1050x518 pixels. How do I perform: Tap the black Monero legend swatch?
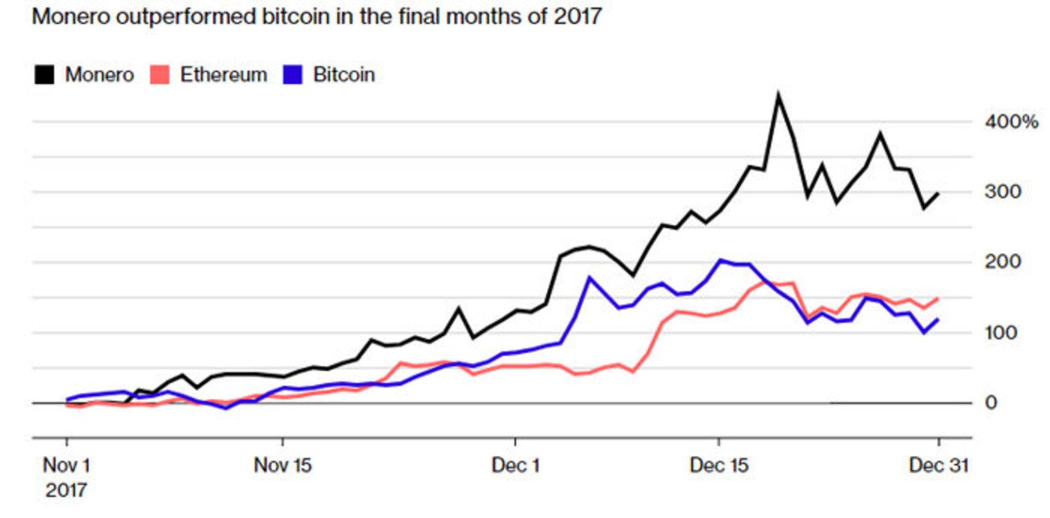pyautogui.click(x=44, y=74)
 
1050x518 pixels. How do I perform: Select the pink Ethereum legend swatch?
pyautogui.click(x=160, y=74)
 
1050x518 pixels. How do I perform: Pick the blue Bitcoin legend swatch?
pyautogui.click(x=293, y=74)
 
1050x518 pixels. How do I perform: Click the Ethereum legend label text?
pyautogui.click(x=224, y=74)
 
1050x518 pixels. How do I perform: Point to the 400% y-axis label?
pyautogui.click(x=1011, y=122)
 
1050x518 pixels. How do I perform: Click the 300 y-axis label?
pyautogui.click(x=1002, y=192)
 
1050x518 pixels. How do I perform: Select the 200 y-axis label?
pyautogui.click(x=1002, y=262)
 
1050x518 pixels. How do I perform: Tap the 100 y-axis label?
pyautogui.click(x=1001, y=332)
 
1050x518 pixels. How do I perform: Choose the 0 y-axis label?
pyautogui.click(x=991, y=403)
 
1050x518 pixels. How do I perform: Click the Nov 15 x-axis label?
pyautogui.click(x=282, y=465)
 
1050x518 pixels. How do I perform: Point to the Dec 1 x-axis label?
pyautogui.click(x=515, y=465)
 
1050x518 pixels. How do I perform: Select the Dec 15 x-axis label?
pyautogui.click(x=719, y=465)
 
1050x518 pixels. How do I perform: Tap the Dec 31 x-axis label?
pyautogui.click(x=938, y=465)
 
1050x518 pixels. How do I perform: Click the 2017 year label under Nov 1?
pyautogui.click(x=66, y=490)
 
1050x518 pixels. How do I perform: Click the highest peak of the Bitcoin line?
pyautogui.click(x=721, y=261)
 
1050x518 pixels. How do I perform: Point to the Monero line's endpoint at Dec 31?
pyautogui.click(x=938, y=193)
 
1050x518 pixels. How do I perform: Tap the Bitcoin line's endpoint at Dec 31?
pyautogui.click(x=938, y=319)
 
